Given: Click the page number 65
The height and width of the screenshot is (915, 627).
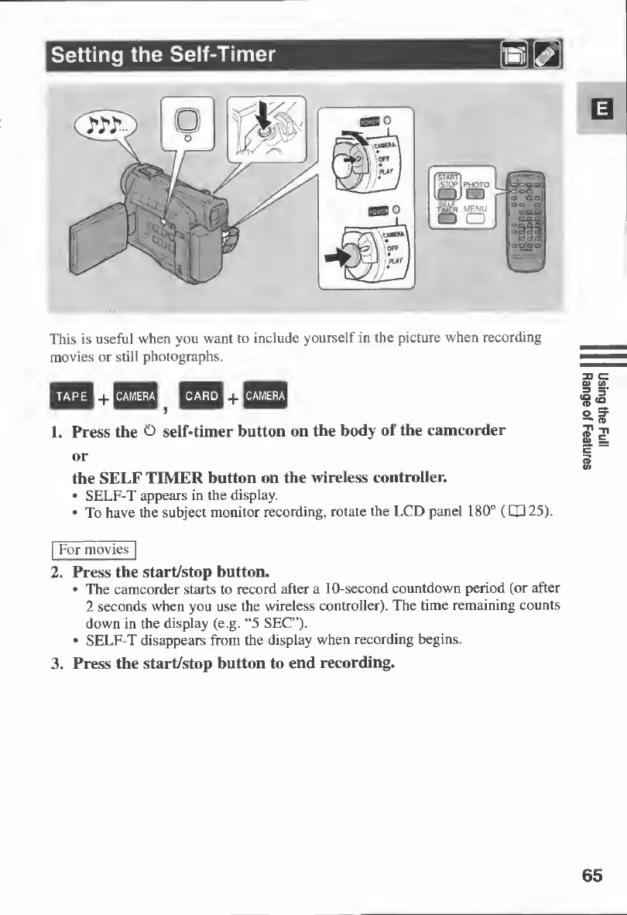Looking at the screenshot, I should pos(591,876).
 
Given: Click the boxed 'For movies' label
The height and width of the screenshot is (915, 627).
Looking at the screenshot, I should pos(93,550).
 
